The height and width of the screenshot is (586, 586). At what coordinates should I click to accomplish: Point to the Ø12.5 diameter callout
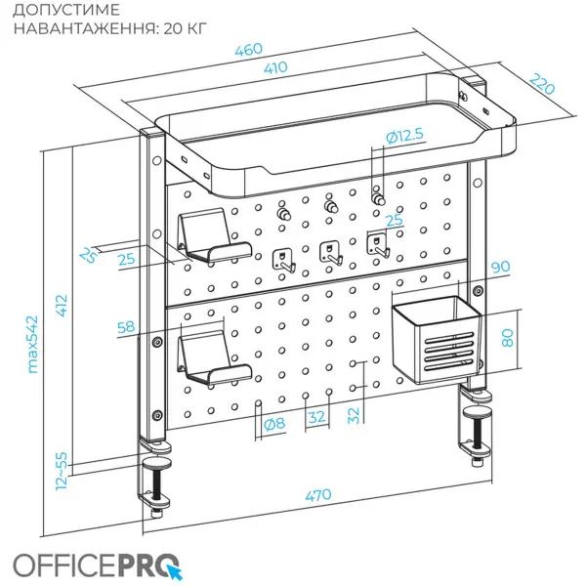tap(404, 137)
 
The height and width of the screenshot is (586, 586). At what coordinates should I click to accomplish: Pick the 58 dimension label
tap(125, 327)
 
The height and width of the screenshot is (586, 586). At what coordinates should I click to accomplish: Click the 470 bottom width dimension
tap(317, 495)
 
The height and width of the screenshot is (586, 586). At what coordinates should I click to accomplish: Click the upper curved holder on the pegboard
tap(211, 237)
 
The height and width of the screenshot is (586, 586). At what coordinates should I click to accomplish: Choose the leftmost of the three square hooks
tap(282, 260)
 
